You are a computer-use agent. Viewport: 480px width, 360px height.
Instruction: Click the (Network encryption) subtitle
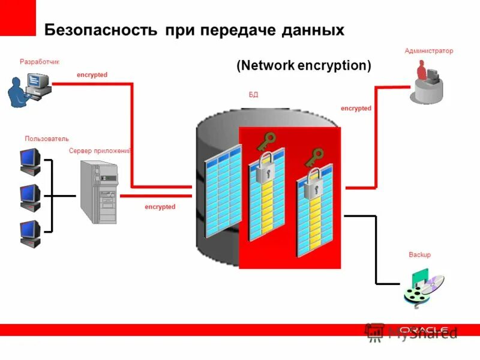coord(304,65)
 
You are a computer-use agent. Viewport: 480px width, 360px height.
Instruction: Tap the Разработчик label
coord(40,62)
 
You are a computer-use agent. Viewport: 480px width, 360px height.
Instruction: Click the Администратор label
coord(428,51)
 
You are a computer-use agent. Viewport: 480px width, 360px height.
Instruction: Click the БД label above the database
coord(253,95)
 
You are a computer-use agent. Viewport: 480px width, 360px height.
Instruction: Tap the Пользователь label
coord(46,139)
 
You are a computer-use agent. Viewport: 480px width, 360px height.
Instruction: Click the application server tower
coord(99,192)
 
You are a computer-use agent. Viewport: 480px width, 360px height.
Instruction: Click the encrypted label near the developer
coord(92,75)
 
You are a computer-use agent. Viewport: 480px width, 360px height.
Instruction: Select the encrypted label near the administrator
coord(356,109)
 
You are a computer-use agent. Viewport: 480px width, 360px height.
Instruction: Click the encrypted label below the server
coord(160,207)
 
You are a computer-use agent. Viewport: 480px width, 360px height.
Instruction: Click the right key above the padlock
coord(313,157)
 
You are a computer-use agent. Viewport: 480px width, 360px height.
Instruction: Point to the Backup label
coord(419,255)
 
